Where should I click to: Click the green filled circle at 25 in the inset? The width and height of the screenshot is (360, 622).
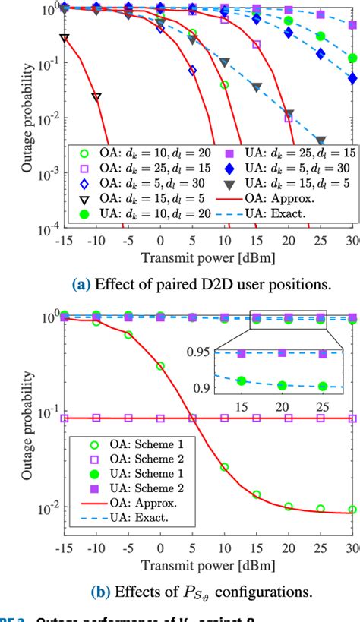[x=322, y=386]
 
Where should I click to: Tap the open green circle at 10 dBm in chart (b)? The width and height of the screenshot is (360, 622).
[x=224, y=467]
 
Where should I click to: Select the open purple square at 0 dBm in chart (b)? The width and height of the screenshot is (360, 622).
[x=160, y=418]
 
